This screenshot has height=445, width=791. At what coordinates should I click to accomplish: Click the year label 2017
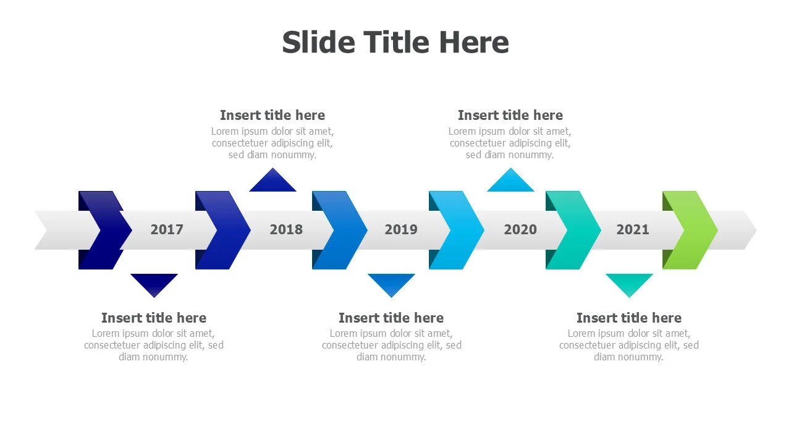click(167, 229)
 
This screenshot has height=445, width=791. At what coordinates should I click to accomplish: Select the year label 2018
click(286, 229)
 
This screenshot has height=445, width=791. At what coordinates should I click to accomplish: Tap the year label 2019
click(401, 229)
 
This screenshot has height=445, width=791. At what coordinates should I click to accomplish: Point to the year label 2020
click(520, 229)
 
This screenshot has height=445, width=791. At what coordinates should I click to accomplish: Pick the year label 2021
click(632, 229)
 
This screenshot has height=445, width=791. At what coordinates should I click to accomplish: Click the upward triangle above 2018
click(273, 182)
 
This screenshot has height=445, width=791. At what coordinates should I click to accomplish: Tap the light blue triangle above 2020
click(510, 182)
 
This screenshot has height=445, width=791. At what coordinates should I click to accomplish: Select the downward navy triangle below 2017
click(154, 284)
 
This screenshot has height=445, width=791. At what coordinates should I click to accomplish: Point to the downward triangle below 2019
click(391, 284)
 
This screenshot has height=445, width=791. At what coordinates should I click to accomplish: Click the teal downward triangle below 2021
click(629, 284)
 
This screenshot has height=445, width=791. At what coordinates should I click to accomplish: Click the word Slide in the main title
click(318, 43)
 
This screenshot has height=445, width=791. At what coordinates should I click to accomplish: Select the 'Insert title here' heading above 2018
click(273, 115)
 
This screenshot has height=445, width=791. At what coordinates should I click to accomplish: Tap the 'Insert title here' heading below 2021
click(629, 318)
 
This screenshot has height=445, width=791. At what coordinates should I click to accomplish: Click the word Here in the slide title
click(474, 43)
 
